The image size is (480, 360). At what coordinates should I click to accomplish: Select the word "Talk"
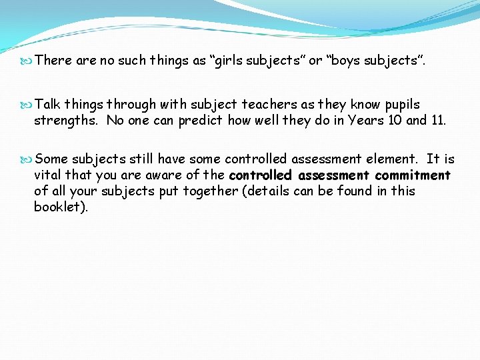(x=48, y=104)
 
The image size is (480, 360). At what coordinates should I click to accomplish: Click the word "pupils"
(x=403, y=104)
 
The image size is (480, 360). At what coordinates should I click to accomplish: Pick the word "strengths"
(x=67, y=121)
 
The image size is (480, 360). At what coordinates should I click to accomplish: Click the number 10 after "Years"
(x=391, y=121)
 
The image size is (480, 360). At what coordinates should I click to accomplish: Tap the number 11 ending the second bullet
(x=437, y=121)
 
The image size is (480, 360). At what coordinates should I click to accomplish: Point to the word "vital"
(x=48, y=175)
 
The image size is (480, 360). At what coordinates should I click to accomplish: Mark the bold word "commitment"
(x=413, y=175)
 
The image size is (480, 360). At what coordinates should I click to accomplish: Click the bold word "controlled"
(x=261, y=175)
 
